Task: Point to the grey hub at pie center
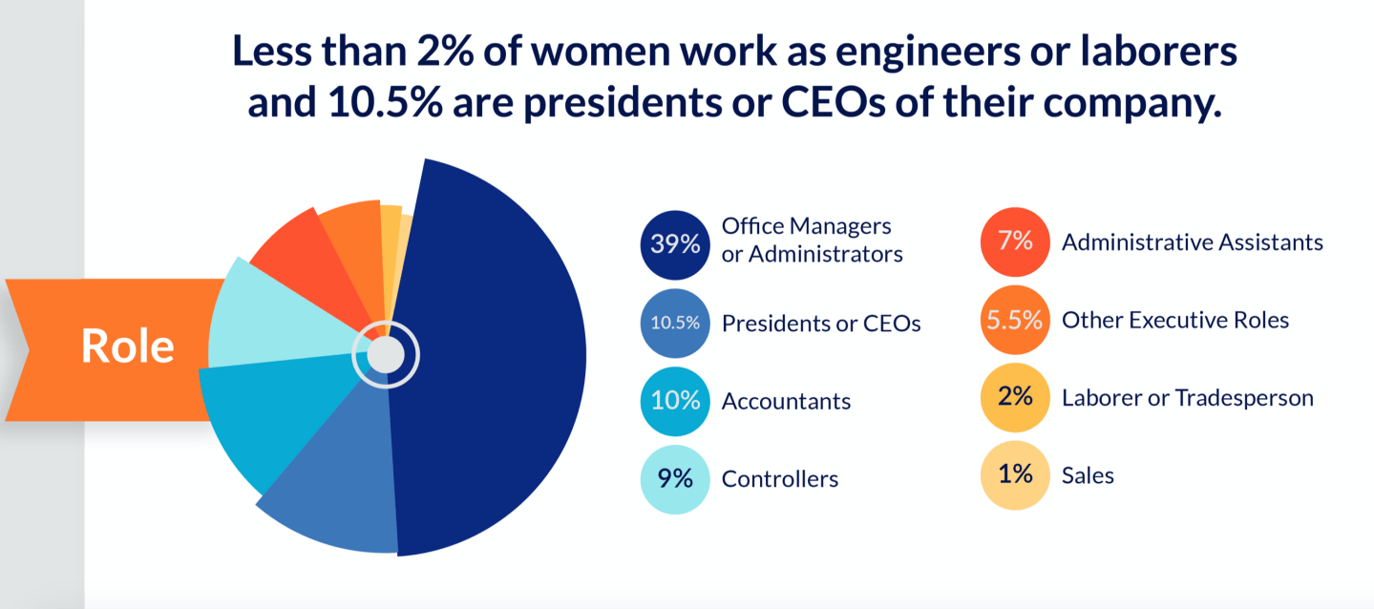point(386,355)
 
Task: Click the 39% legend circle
point(675,243)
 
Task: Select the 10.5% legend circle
point(675,323)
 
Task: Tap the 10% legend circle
point(675,401)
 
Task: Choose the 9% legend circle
point(675,478)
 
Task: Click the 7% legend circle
point(1015,242)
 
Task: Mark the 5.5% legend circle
point(1015,321)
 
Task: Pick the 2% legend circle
point(1015,398)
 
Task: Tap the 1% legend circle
point(1015,475)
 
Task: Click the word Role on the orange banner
point(127,346)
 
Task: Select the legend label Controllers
point(780,479)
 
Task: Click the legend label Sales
point(1088,475)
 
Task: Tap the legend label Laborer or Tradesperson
point(1187,398)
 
